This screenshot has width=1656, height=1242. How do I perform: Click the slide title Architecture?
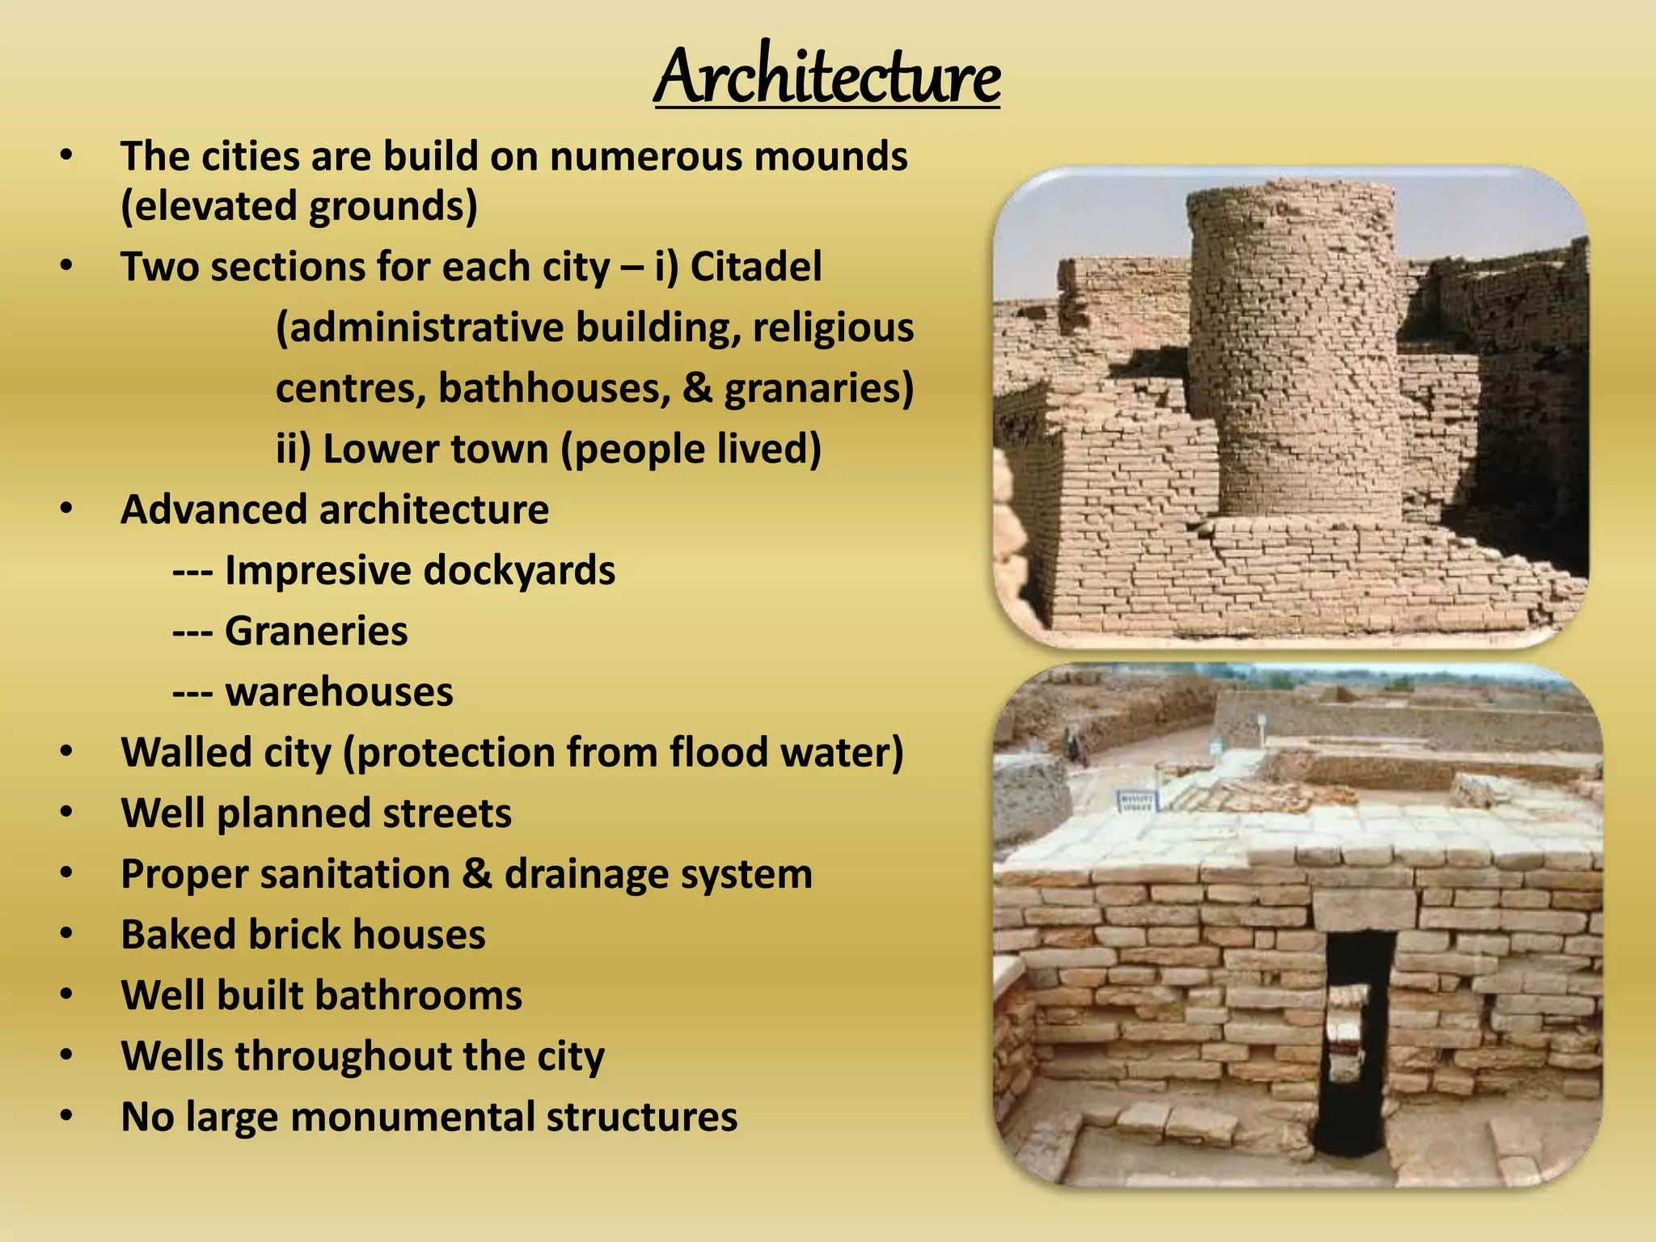tap(827, 77)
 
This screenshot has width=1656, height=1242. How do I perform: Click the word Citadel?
tap(755, 267)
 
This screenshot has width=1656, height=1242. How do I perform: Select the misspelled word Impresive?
tap(318, 570)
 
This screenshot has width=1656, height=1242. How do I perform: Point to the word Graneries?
tap(316, 631)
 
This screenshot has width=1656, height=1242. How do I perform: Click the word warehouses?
tap(339, 692)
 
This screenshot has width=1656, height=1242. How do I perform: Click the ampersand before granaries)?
tap(696, 388)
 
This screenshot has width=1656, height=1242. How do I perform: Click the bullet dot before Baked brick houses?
tap(66, 934)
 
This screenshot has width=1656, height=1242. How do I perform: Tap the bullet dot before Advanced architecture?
tap(66, 509)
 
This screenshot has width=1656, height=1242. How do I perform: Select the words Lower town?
tap(435, 450)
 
